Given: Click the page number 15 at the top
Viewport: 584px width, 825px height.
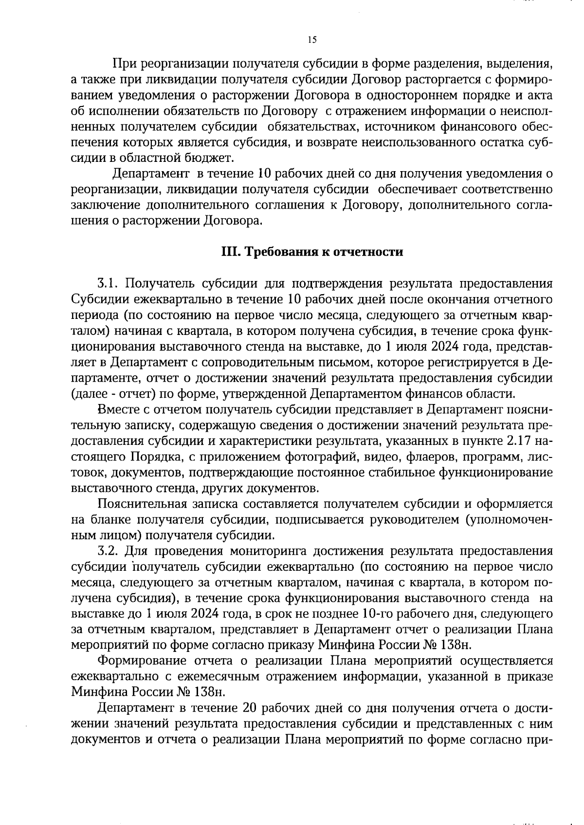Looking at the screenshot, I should tap(312, 40).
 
